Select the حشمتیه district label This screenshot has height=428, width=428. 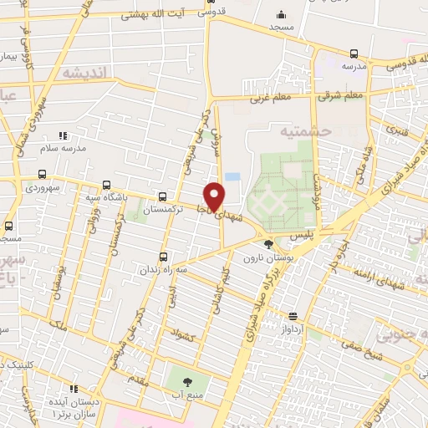[x=305, y=131]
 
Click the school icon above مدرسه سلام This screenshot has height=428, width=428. [x=62, y=135]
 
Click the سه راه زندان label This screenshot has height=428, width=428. [x=162, y=270]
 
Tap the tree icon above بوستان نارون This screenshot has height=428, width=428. [x=267, y=245]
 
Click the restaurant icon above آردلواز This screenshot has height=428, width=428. [x=293, y=316]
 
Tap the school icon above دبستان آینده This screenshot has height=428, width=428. [x=74, y=389]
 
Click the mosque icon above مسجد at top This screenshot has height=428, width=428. [x=281, y=14]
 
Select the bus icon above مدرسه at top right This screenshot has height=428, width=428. [x=354, y=53]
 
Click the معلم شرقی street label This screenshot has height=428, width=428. [x=340, y=94]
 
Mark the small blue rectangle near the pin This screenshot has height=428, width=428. [x=232, y=176]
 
